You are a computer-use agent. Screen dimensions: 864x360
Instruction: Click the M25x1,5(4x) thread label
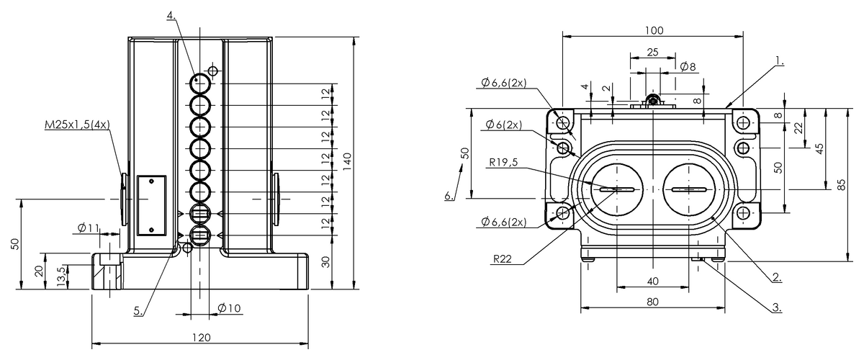tap(77, 125)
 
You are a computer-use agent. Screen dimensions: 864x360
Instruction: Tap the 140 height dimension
tap(347, 162)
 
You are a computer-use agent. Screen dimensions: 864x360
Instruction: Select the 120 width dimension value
tap(202, 338)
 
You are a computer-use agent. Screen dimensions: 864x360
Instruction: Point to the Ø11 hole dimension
tap(89, 228)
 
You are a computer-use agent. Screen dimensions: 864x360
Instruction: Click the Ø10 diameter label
tap(229, 308)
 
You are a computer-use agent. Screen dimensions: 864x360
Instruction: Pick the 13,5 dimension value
tap(61, 276)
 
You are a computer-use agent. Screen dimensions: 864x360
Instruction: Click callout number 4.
tap(171, 15)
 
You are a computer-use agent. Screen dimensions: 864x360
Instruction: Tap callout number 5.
tap(138, 311)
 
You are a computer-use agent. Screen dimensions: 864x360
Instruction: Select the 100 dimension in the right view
tap(654, 30)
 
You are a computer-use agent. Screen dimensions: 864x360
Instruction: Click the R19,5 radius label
tap(503, 162)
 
